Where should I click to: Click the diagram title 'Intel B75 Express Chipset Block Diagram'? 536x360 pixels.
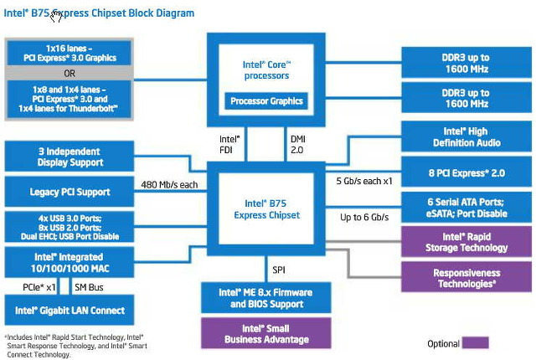pos(100,13)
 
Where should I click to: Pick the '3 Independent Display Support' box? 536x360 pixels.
pos(70,156)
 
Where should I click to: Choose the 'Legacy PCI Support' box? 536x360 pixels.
pos(70,192)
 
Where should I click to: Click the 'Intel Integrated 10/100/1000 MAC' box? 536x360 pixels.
pos(70,262)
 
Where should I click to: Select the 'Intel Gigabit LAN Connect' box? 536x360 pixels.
pos(70,311)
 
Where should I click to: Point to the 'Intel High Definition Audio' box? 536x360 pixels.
pos(466,137)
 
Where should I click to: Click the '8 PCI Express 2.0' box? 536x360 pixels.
pos(466,172)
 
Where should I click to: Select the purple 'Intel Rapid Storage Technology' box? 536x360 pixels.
pos(466,242)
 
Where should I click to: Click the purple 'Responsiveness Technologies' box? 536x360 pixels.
pos(466,278)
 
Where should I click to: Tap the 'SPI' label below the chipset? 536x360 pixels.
pos(280,270)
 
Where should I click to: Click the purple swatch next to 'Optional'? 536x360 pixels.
pos(476,342)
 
